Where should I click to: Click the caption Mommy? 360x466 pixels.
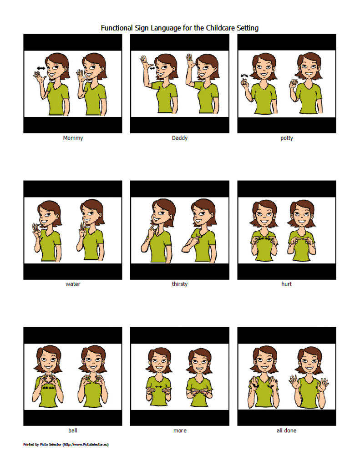click(73, 138)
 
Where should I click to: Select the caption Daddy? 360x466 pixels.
click(179, 138)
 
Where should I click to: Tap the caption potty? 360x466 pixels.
click(287, 138)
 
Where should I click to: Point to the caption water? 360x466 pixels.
click(73, 284)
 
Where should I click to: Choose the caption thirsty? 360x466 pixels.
click(179, 284)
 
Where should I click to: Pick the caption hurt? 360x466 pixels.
click(287, 284)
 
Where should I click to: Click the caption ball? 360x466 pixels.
click(73, 430)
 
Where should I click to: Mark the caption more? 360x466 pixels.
click(179, 430)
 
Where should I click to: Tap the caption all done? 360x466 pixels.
click(286, 430)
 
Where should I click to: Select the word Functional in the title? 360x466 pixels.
click(117, 28)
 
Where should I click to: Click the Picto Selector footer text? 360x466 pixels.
click(66, 444)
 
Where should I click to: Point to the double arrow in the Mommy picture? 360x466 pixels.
click(41, 68)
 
